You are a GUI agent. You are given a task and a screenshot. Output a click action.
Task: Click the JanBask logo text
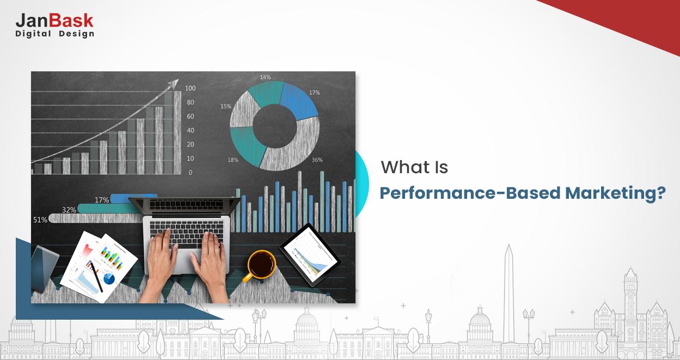pos(54,21)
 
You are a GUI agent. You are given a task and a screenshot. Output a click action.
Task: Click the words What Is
pos(414,167)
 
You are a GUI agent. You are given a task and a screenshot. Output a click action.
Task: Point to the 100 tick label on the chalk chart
pos(190,88)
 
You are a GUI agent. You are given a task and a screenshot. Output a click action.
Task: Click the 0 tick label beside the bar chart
pos(190,173)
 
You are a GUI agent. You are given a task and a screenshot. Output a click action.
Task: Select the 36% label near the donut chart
pos(317,160)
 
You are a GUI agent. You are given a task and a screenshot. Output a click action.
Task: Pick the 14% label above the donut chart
pos(265,77)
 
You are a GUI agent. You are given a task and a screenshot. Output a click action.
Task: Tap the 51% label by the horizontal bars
pos(40,219)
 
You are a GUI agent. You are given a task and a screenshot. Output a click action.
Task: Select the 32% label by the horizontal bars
pos(69,210)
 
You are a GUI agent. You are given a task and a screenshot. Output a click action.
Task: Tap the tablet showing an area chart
pos(310,253)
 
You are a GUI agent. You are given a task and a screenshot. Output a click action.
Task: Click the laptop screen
pos(185,205)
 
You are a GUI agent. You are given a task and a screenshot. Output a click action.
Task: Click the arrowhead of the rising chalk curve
pos(174,83)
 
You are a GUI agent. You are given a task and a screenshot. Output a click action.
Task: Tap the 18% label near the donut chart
pos(232,160)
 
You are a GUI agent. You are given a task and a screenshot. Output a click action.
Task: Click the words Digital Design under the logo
pos(54,34)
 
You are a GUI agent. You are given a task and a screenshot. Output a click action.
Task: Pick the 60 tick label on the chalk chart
pos(190,117)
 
